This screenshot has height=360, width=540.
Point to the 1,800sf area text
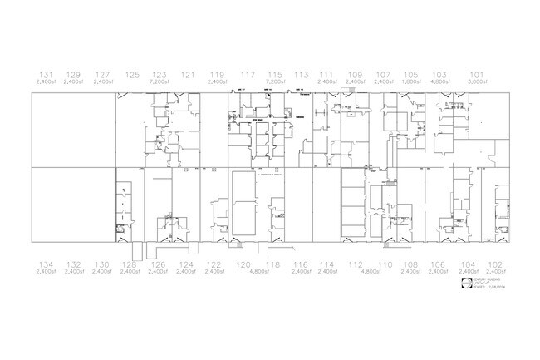411,82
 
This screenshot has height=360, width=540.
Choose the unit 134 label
46,264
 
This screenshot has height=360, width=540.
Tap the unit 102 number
495,264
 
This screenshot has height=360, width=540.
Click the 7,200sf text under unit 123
160,82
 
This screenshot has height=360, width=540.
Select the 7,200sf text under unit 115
275,82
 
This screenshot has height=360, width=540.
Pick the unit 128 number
129,264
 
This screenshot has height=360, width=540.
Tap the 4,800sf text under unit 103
439,82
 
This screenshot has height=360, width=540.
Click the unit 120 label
243,264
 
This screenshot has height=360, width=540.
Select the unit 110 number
385,264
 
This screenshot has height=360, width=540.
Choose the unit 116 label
301,264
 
